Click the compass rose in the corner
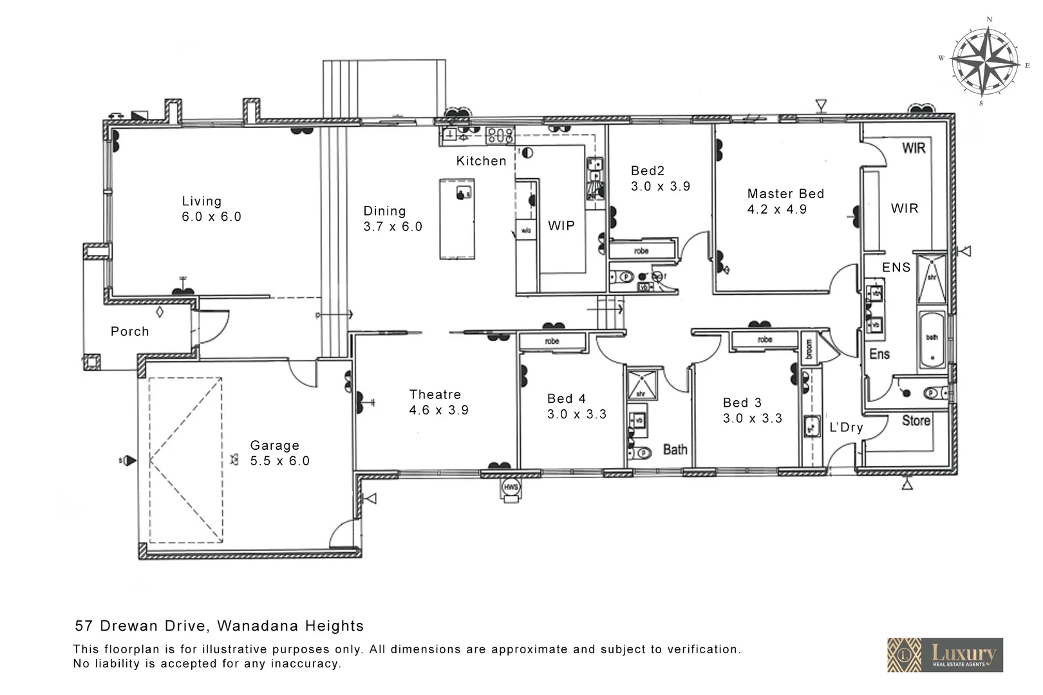point(984,62)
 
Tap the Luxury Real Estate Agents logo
point(944,655)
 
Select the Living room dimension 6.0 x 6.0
point(211,217)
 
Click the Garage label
point(274,445)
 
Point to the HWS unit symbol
point(511,488)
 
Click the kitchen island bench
point(457,219)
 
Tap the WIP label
point(561,225)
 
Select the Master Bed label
point(785,194)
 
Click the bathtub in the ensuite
point(932,340)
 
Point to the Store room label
point(916,421)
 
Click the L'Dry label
point(845,427)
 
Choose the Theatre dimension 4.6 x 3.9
point(438,410)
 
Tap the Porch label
point(129,331)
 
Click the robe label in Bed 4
point(552,341)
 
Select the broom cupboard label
point(809,349)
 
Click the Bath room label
point(675,450)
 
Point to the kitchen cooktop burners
point(500,135)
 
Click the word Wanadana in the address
point(258,625)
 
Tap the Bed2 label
point(647,171)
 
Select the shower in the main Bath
point(641,384)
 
